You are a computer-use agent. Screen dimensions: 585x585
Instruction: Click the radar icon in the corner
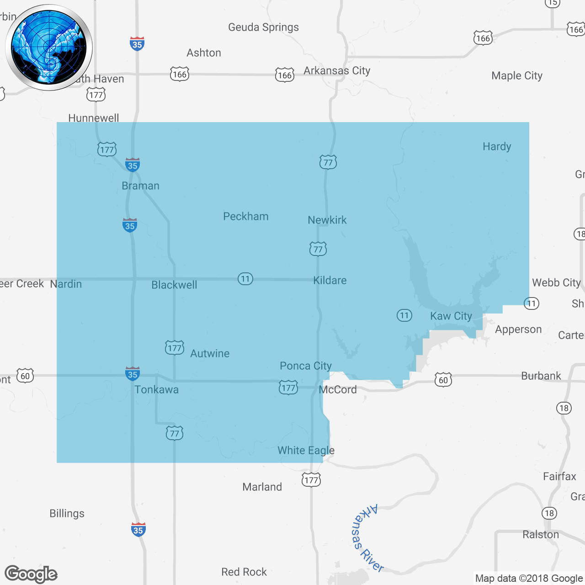pyautogui.click(x=48, y=48)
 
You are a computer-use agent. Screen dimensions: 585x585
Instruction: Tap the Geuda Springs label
pyautogui.click(x=263, y=27)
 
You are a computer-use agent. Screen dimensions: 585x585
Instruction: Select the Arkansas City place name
pyautogui.click(x=337, y=71)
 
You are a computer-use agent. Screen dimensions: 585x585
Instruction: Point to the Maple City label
pyautogui.click(x=517, y=76)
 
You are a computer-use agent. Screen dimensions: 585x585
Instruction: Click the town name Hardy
pyautogui.click(x=497, y=147)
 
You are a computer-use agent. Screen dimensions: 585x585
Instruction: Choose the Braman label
pyautogui.click(x=140, y=186)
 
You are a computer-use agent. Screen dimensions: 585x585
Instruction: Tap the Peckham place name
pyautogui.click(x=245, y=217)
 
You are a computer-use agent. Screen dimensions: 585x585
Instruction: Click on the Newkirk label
pyautogui.click(x=327, y=220)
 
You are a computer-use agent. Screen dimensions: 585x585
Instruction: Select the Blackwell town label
pyautogui.click(x=174, y=285)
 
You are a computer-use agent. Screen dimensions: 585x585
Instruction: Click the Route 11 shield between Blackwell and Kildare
pyautogui.click(x=245, y=279)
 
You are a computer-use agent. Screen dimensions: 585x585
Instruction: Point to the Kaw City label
pyautogui.click(x=451, y=316)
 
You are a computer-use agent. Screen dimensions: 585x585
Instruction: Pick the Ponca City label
pyautogui.click(x=306, y=366)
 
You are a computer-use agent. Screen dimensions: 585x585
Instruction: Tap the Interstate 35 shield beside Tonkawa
pyautogui.click(x=133, y=374)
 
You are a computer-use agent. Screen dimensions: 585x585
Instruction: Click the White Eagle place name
pyautogui.click(x=306, y=451)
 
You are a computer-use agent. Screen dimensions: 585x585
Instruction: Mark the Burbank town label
pyautogui.click(x=541, y=376)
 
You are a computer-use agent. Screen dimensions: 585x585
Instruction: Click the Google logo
pyautogui.click(x=31, y=574)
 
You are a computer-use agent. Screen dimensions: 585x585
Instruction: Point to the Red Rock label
pyautogui.click(x=244, y=572)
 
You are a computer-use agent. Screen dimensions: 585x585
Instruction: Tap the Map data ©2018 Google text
pyautogui.click(x=529, y=579)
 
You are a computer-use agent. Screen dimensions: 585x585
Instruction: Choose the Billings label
pyautogui.click(x=67, y=514)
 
